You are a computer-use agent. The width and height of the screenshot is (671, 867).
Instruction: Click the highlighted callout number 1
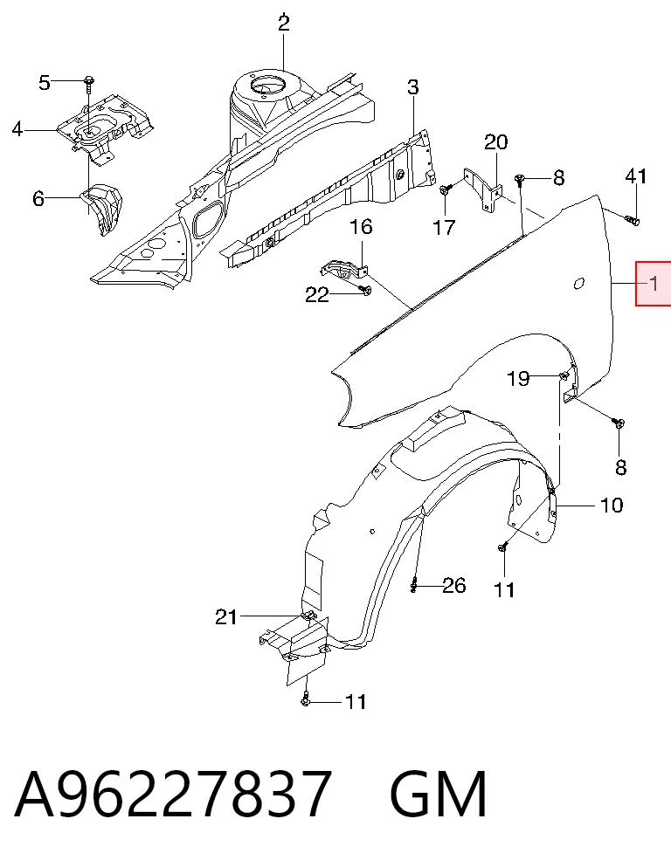[x=654, y=284]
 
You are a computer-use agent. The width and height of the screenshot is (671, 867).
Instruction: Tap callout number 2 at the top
[x=283, y=24]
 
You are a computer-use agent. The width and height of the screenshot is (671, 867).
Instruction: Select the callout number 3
[x=412, y=87]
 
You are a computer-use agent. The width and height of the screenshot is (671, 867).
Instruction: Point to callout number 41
[x=635, y=176]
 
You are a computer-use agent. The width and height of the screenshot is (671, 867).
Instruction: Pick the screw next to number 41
[x=633, y=221]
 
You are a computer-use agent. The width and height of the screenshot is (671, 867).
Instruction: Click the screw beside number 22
[x=364, y=289]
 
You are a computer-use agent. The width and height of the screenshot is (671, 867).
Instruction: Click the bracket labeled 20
[x=483, y=189]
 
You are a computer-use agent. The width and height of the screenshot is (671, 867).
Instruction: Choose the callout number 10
[x=612, y=505]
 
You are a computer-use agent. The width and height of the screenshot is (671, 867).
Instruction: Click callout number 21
[x=226, y=616]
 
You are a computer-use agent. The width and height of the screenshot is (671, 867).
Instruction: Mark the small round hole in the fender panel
[x=578, y=283]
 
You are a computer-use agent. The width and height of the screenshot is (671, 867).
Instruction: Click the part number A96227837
[x=173, y=794]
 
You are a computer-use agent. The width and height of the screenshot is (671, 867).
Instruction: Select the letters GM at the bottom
[x=438, y=794]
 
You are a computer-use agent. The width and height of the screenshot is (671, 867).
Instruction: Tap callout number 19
[x=518, y=379]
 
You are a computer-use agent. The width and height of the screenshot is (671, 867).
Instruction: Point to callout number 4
[x=17, y=129]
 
